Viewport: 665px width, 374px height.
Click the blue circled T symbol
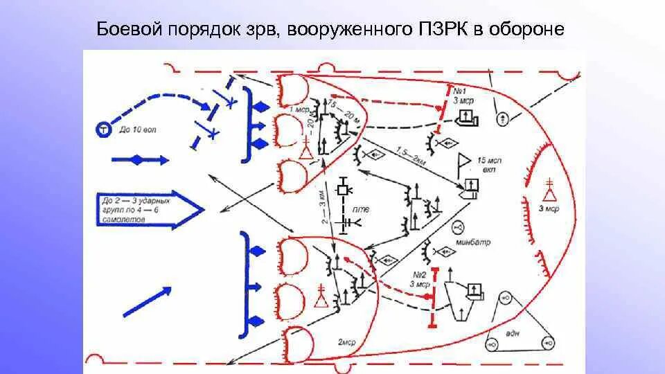(103, 128)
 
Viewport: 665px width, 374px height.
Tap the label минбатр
(473, 242)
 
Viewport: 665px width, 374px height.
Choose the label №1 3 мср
(463, 96)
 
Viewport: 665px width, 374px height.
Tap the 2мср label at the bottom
(347, 341)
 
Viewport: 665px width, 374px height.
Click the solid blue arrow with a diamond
(139, 160)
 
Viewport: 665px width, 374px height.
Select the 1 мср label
(300, 109)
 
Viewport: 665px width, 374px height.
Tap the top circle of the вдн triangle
(504, 299)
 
